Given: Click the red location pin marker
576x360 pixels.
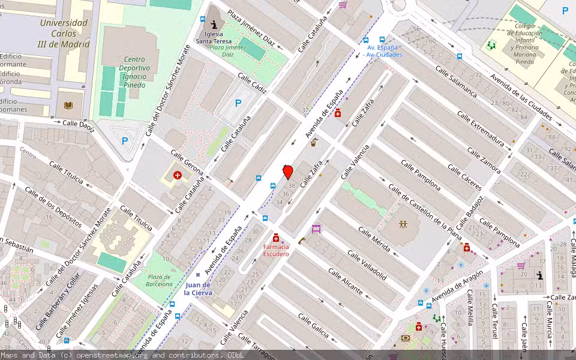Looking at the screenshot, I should click(x=288, y=172).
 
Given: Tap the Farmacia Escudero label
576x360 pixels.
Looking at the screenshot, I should click(x=276, y=250).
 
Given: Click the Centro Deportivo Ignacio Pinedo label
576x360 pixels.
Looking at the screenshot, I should click(x=134, y=72).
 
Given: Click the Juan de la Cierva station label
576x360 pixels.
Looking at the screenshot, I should click(x=197, y=289).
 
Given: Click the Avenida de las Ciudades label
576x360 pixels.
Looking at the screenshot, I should click(x=520, y=95).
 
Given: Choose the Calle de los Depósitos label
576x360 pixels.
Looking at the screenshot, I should click(x=53, y=207).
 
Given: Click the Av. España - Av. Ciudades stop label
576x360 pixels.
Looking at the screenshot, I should click(x=382, y=51).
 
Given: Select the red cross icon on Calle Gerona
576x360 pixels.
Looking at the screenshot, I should click(x=178, y=175).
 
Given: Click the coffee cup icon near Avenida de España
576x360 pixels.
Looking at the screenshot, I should click(x=314, y=142).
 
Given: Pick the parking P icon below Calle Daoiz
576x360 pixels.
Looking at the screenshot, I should click(x=125, y=142).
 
